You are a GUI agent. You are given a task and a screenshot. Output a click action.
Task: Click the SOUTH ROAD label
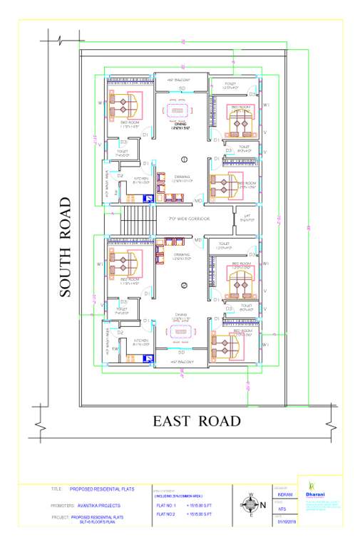[x=66, y=246]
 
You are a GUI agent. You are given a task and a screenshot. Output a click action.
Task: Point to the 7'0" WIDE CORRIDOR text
[x=188, y=219]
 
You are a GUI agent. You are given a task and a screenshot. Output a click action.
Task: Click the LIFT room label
[x=247, y=219]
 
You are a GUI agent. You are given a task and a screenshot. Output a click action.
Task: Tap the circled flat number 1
[x=184, y=158]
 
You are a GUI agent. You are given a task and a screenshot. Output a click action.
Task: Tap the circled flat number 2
[x=184, y=286]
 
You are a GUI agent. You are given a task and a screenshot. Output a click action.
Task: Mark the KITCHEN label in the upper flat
[x=141, y=179]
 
